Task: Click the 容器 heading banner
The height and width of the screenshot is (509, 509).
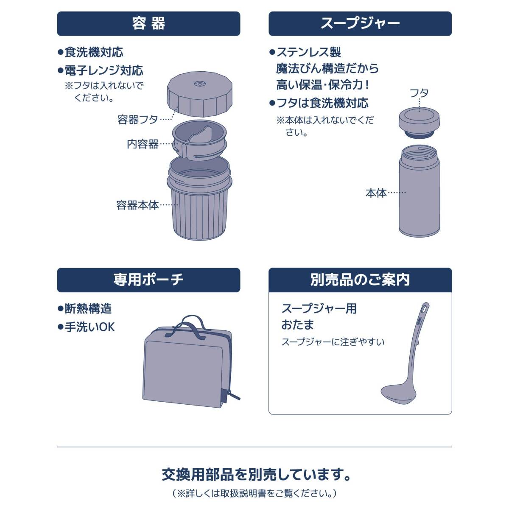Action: pyautogui.click(x=148, y=23)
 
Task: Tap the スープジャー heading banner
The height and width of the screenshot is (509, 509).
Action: pyautogui.click(x=360, y=23)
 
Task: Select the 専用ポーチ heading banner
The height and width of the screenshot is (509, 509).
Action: pyautogui.click(x=148, y=280)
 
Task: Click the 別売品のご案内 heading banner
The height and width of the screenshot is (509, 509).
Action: pyautogui.click(x=360, y=280)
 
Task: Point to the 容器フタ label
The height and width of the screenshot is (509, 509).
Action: pyautogui.click(x=137, y=120)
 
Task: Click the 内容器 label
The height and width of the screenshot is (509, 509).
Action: pyautogui.click(x=143, y=144)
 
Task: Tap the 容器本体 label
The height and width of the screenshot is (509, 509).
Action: pyautogui.click(x=137, y=205)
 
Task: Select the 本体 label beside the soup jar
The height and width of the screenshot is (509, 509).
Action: pyautogui.click(x=376, y=193)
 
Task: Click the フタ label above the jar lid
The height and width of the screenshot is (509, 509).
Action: pyautogui.click(x=419, y=93)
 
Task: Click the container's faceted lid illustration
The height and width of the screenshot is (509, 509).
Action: pyautogui.click(x=199, y=94)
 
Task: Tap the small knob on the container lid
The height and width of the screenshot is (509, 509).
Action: pyautogui.click(x=199, y=84)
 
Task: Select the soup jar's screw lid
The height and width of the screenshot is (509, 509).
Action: pyautogui.click(x=419, y=123)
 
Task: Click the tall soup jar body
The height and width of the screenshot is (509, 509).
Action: pyautogui.click(x=419, y=191)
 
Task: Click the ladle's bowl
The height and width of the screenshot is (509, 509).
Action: pyautogui.click(x=398, y=394)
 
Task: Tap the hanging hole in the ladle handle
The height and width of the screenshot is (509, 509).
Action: pyautogui.click(x=425, y=308)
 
